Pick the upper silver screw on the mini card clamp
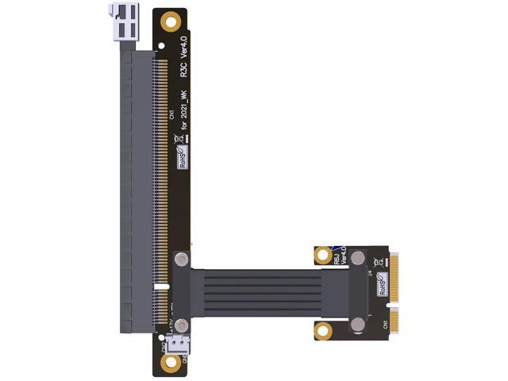(x=358, y=259)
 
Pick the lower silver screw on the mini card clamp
(x=358, y=324)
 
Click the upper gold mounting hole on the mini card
(x=321, y=255)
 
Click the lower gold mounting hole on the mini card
(x=321, y=328)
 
